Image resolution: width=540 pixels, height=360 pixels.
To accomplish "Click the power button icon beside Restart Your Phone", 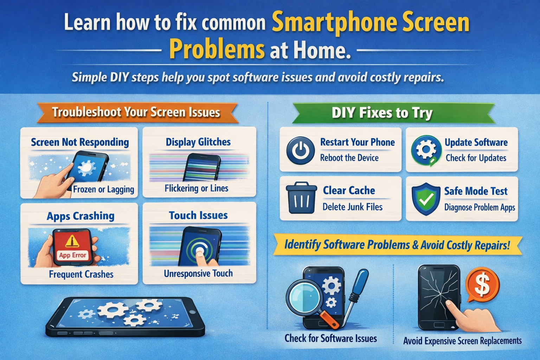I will (x=300, y=150).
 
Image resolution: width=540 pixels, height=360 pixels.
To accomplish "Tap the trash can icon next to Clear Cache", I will (x=301, y=198).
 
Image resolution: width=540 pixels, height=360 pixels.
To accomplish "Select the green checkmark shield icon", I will (x=426, y=199).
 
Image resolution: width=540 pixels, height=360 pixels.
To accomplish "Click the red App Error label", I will (x=72, y=255).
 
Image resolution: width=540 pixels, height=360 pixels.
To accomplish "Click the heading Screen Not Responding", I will (x=80, y=142).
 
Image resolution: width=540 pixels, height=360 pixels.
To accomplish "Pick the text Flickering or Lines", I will (x=197, y=188).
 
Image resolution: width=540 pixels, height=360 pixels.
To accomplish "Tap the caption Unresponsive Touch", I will (x=198, y=273).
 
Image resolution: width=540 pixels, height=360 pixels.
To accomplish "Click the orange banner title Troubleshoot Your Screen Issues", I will (x=136, y=112).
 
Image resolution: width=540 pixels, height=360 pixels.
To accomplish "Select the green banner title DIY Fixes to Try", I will (x=382, y=113).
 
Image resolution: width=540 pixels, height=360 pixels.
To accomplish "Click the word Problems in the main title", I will (x=217, y=50).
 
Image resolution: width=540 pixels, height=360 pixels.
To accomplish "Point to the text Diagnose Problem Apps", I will (x=480, y=207).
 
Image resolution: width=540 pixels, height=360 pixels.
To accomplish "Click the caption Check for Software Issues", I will (x=330, y=338).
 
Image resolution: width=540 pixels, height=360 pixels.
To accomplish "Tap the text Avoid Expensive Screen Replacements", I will (x=462, y=341).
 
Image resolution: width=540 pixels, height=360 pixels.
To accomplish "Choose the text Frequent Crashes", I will (x=81, y=274).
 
